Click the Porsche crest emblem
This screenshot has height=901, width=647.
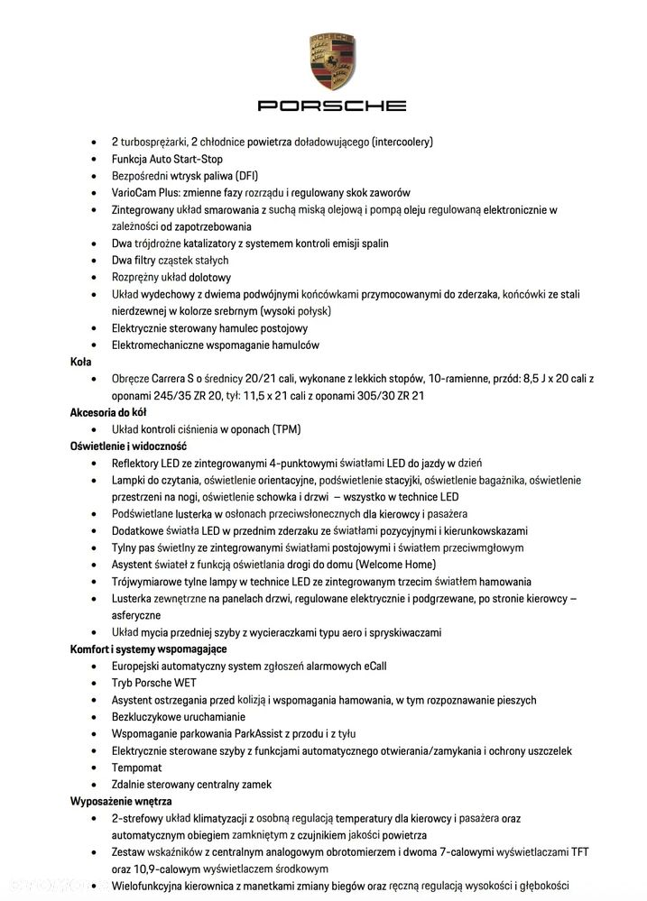[332, 61]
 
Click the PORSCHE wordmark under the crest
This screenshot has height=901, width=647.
[332, 106]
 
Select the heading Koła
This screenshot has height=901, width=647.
[80, 361]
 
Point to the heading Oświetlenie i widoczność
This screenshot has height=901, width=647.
[128, 446]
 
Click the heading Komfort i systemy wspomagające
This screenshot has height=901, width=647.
[148, 648]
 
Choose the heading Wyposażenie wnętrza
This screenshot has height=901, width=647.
[121, 801]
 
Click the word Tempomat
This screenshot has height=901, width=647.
[137, 768]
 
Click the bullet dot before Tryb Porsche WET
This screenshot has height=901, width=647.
[95, 683]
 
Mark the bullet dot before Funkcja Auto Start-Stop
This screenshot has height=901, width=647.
[95, 159]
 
